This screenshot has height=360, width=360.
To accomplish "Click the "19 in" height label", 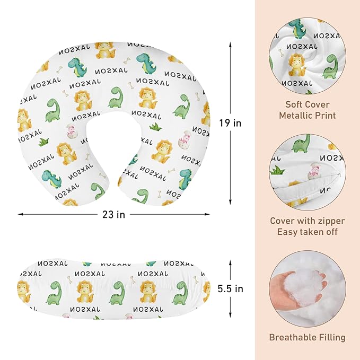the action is (230, 123).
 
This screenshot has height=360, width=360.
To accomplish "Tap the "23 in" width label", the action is (113, 215).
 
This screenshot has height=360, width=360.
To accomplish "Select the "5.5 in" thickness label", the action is (230, 288).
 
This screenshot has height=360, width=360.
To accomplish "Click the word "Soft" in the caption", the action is (295, 104).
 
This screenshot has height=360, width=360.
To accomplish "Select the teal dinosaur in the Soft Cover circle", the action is (298, 28).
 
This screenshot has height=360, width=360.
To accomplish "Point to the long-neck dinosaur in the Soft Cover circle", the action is (330, 67).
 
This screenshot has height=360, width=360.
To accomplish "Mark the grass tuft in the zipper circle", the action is (277, 170).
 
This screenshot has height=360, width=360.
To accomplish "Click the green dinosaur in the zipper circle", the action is (301, 144).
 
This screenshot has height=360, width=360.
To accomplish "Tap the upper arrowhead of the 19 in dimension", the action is (230, 45).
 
